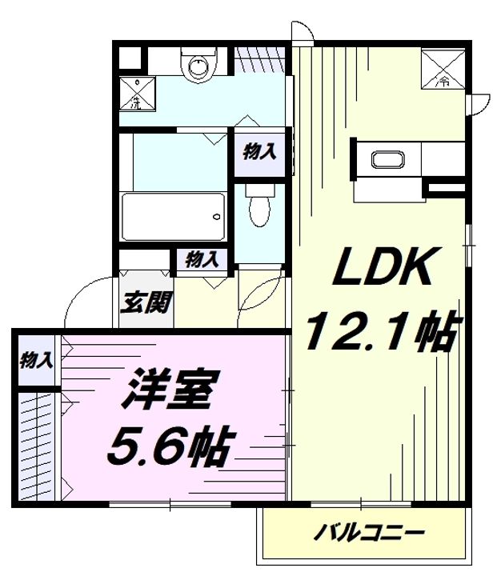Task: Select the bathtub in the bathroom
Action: tap(172, 217)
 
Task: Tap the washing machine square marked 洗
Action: tap(137, 93)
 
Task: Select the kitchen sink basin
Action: tap(391, 158)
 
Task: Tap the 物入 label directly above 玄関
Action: tap(202, 258)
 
